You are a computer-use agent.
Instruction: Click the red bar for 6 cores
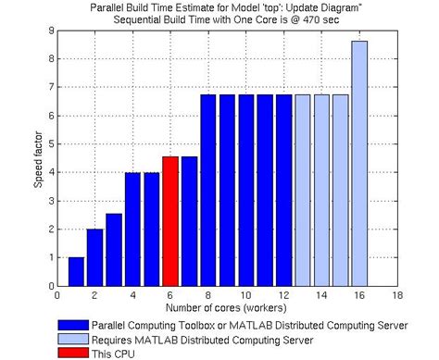pos(170,220)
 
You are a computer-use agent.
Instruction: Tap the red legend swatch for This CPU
pos(80,353)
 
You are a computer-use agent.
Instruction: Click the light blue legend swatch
pos(80,339)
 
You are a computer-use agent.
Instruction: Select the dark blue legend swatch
pos(80,326)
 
